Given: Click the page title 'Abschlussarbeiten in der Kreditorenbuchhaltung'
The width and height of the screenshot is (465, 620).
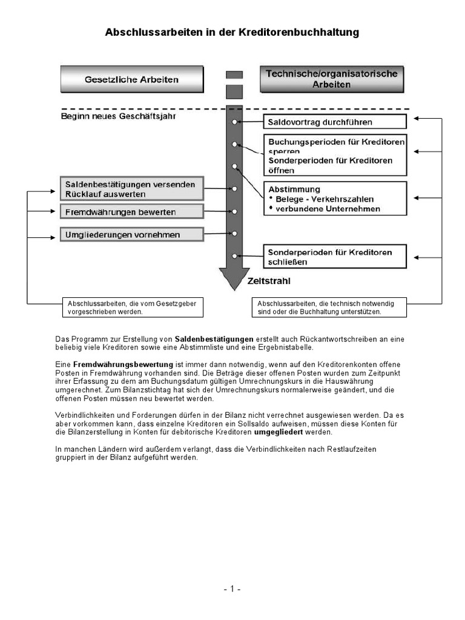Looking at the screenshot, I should pyautogui.click(x=232, y=32).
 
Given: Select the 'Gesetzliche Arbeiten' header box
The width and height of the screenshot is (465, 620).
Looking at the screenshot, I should pyautogui.click(x=132, y=79).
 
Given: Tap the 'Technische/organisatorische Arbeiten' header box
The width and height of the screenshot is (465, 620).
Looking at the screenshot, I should pyautogui.click(x=332, y=79).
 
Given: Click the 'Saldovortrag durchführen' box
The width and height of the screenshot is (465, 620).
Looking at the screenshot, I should pyautogui.click(x=334, y=122).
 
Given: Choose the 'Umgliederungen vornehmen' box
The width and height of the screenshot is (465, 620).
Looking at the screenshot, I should pyautogui.click(x=131, y=234).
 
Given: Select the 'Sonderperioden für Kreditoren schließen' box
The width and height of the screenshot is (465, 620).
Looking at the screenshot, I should pyautogui.click(x=334, y=257).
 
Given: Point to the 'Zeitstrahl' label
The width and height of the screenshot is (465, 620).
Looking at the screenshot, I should pyautogui.click(x=269, y=281).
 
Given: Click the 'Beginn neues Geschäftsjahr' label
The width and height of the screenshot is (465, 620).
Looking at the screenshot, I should pyautogui.click(x=119, y=116).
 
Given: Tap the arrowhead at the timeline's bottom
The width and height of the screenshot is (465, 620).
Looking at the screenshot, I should pyautogui.click(x=234, y=279).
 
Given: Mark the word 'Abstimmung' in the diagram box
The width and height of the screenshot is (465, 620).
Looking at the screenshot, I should pyautogui.click(x=294, y=189).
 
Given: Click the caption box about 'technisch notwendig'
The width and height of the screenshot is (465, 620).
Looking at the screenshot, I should pyautogui.click(x=329, y=307).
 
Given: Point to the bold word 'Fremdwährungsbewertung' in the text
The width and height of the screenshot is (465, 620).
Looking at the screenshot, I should pyautogui.click(x=123, y=364).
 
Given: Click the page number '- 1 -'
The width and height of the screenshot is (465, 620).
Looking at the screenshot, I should pyautogui.click(x=232, y=589).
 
